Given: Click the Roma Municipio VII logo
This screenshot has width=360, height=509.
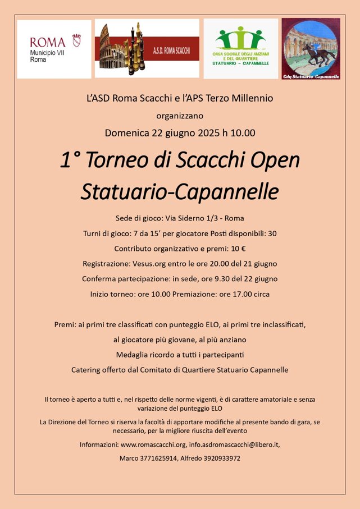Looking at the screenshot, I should click(x=54, y=49).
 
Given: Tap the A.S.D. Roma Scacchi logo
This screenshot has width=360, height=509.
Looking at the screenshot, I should click(x=147, y=48).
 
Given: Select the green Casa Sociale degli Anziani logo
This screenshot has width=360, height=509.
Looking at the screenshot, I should click(x=240, y=48).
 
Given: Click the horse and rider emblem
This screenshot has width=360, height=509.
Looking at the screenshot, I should click(x=311, y=48).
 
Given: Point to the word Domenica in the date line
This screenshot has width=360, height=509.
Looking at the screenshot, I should click(x=127, y=133).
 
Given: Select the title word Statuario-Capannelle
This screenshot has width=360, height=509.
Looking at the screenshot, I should click(x=180, y=191).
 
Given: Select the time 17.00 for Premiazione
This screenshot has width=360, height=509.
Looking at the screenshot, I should click(x=236, y=294).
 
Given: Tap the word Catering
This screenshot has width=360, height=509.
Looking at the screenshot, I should click(x=87, y=370).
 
